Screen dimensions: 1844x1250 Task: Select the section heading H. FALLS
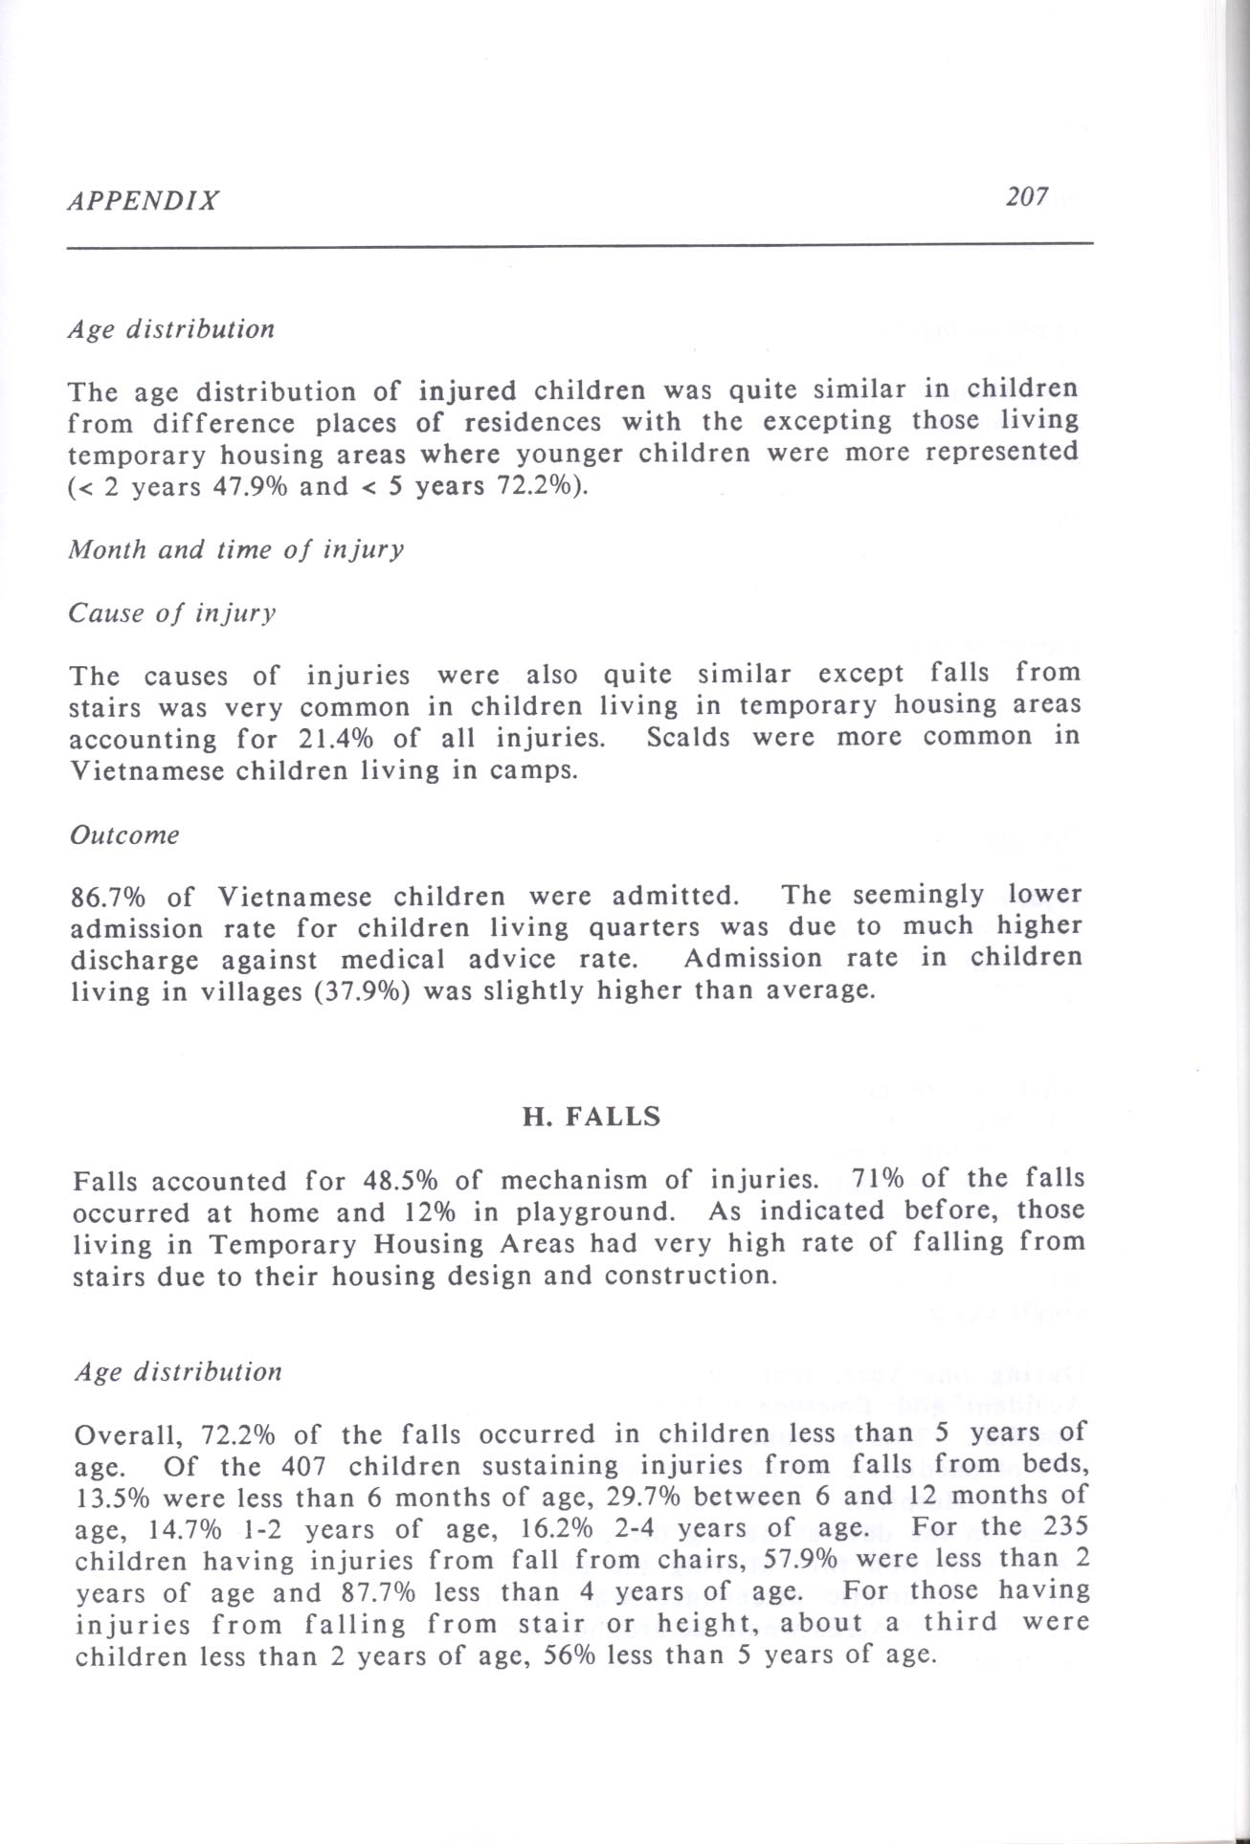click(x=591, y=1117)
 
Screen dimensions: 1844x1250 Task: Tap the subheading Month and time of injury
click(x=235, y=549)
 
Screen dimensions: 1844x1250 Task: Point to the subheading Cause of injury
click(x=172, y=612)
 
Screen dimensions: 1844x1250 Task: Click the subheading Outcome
click(x=125, y=834)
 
